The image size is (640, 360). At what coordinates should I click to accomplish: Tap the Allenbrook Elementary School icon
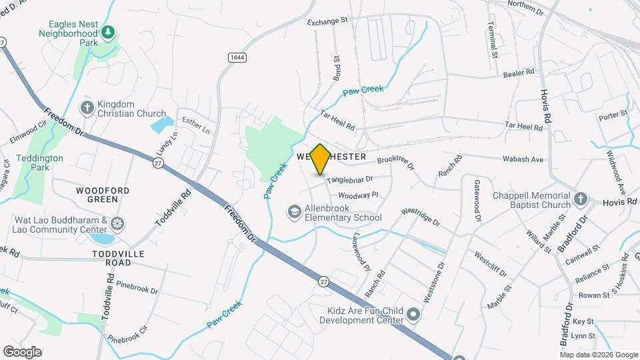[x=293, y=212]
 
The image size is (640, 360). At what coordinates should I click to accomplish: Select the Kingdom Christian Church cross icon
[x=87, y=108]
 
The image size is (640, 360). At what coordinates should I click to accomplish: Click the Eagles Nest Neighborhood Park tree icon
[x=107, y=31]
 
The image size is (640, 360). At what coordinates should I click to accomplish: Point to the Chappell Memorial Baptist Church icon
[x=581, y=199]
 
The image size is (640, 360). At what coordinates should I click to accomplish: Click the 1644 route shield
[x=237, y=57]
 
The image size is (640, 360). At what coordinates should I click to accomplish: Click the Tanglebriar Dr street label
[x=349, y=179]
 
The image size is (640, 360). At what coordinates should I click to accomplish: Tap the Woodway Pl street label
[x=358, y=195]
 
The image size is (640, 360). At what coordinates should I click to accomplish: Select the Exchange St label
[x=327, y=21]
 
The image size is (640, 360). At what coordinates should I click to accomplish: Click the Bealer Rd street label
[x=519, y=72]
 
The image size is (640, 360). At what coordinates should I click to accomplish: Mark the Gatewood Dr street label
[x=477, y=200]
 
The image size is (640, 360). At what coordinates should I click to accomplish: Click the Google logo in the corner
[x=22, y=351]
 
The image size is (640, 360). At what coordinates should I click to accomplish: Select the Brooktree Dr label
[x=395, y=163]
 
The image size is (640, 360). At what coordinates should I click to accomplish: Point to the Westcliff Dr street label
[x=491, y=263]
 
